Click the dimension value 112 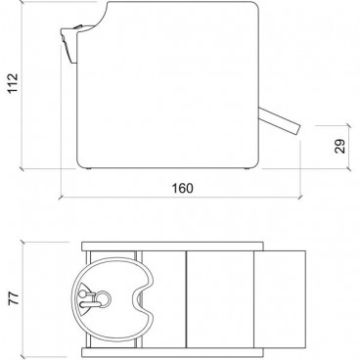click(13, 83)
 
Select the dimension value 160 click(182, 189)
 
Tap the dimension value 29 click(339, 147)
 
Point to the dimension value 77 click(14, 298)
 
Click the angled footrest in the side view click(280, 121)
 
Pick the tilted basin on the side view click(69, 42)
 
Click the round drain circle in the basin click(104, 297)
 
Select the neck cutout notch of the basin click(140, 299)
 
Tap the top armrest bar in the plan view click(172, 247)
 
